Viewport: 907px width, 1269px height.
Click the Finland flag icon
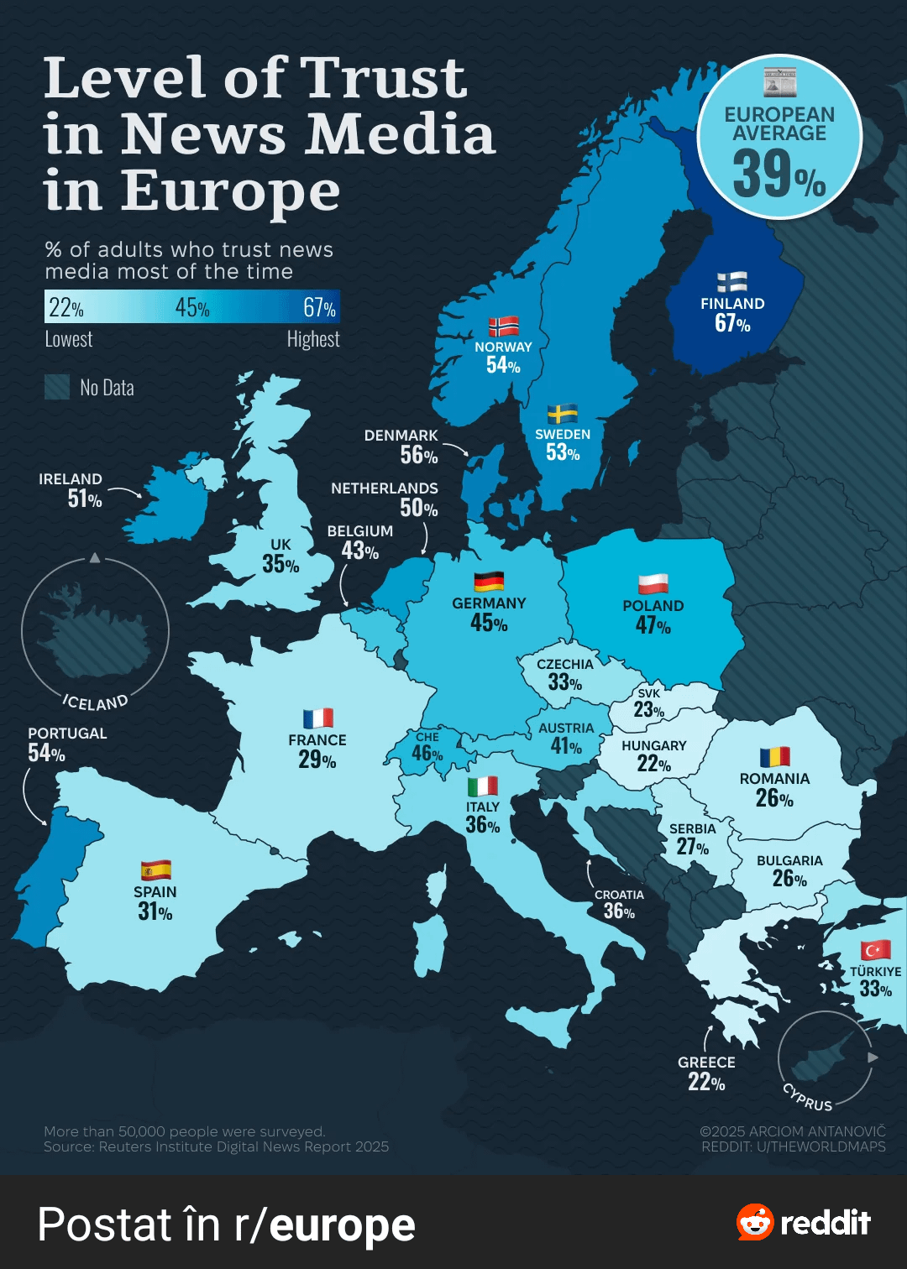[731, 282]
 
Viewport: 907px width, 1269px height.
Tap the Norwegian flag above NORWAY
[503, 326]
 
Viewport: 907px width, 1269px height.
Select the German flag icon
[489, 582]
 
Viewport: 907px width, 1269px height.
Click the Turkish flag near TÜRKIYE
[875, 950]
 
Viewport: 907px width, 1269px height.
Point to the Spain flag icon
[156, 870]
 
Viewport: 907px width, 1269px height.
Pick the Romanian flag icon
[775, 757]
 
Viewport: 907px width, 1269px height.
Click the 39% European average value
[779, 174]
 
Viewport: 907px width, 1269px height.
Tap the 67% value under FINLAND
[732, 323]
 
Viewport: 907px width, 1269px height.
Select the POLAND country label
[653, 606]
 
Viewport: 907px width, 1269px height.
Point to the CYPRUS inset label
[807, 1097]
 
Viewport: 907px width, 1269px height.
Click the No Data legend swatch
[57, 388]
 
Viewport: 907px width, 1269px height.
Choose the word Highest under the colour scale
[313, 339]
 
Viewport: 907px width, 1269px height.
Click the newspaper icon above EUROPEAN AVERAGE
[779, 81]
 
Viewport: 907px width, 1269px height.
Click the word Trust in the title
[383, 77]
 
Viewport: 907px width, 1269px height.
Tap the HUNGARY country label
[653, 745]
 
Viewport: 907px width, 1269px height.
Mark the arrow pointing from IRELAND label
[124, 491]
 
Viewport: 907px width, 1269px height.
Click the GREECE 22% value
[706, 1083]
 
